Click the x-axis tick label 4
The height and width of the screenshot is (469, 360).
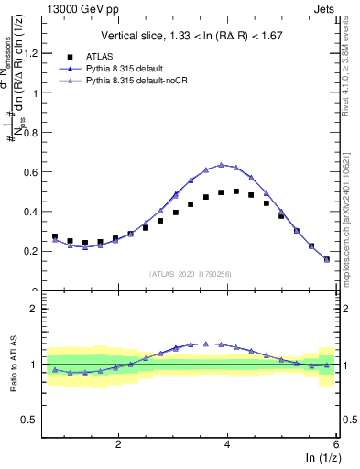tap(227, 444)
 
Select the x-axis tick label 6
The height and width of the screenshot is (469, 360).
tap(336, 444)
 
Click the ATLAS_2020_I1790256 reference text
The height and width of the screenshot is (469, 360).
tap(191, 273)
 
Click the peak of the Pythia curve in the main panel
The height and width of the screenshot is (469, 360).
tap(221, 165)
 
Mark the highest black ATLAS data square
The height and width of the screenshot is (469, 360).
tap(236, 191)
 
